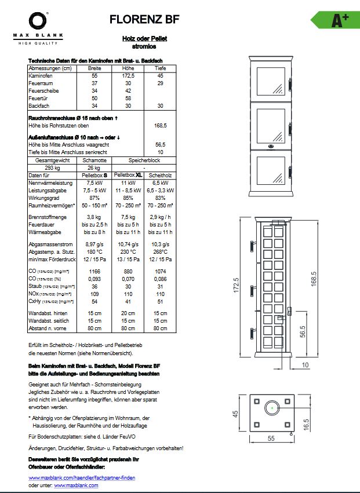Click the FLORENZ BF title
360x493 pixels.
144,20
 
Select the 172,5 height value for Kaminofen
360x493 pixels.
128,76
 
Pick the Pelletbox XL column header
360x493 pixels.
128,174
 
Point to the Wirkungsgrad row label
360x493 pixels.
43,198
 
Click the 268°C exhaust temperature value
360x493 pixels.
161,251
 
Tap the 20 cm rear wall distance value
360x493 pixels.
128,313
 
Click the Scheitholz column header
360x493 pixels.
161,175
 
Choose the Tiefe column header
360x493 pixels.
161,68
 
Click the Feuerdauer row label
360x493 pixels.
42,224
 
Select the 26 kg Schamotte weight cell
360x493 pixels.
94,167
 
